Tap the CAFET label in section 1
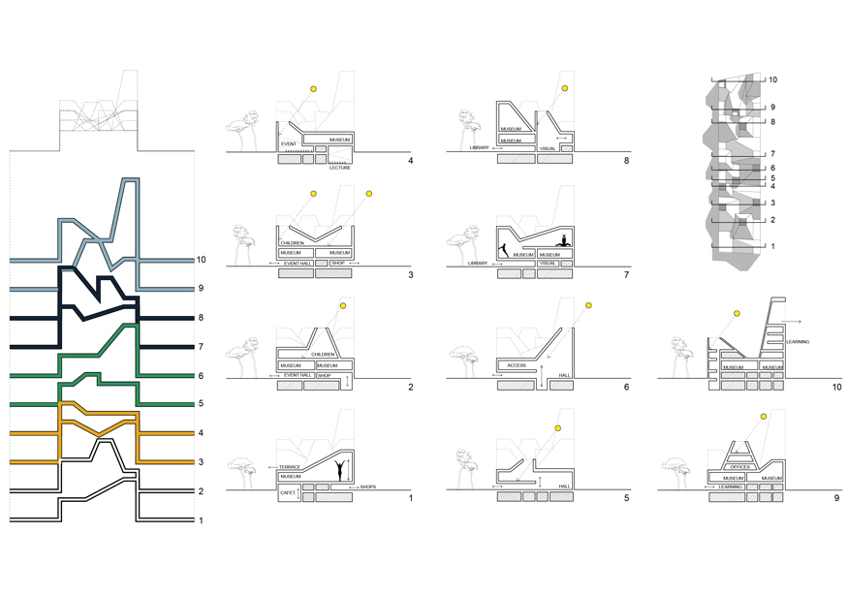(289, 493)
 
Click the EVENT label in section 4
(288, 144)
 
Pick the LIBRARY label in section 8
(480, 148)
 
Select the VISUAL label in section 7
(549, 263)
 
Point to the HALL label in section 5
(566, 486)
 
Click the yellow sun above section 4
(313, 90)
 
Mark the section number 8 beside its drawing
(629, 161)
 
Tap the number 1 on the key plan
(772, 247)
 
